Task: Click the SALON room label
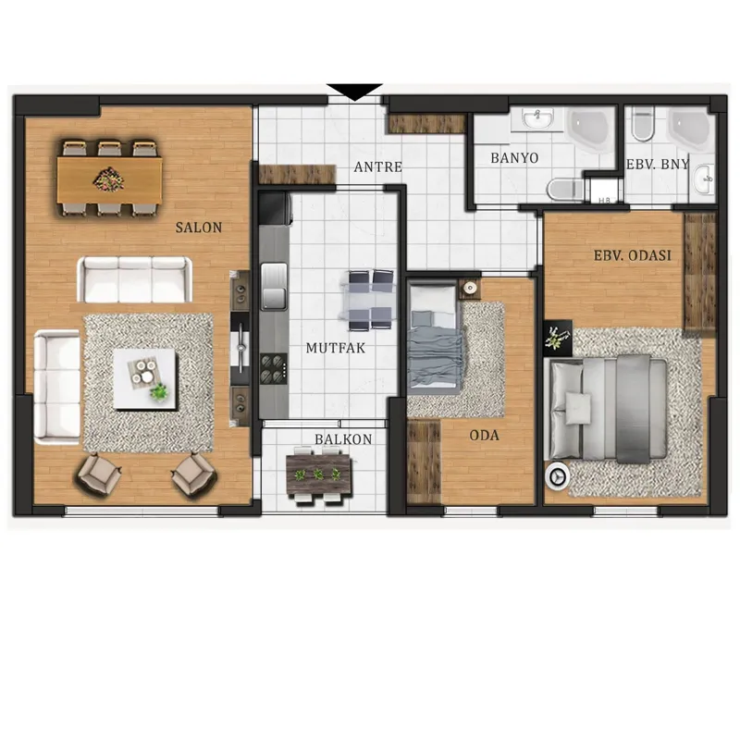(199, 228)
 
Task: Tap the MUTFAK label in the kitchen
(336, 349)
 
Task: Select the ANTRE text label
(378, 167)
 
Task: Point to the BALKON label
(343, 439)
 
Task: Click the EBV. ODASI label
(633, 255)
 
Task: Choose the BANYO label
(514, 157)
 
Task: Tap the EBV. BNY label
(658, 165)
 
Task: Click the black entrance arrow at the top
(354, 92)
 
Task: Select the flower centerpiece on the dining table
(109, 179)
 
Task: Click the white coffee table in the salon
(145, 379)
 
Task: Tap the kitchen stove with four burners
(274, 367)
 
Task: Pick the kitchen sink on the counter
(274, 286)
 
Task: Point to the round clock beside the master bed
(557, 476)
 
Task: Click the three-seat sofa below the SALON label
(134, 279)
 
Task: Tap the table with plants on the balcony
(319, 475)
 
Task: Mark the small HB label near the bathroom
(604, 201)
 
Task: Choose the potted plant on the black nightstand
(558, 338)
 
